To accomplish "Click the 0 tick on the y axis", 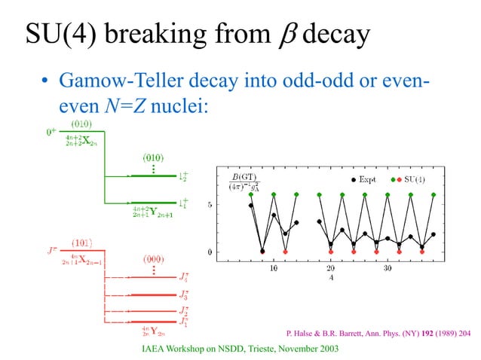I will pyautogui.click(x=210, y=252).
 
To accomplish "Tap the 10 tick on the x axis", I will pyautogui.click(x=273, y=267).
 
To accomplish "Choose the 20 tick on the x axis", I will pyautogui.click(x=330, y=267).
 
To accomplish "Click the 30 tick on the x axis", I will pyautogui.click(x=387, y=267).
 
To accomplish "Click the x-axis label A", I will pyautogui.click(x=331, y=277).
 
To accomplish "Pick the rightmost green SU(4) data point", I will pyautogui.click(x=434, y=194).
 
